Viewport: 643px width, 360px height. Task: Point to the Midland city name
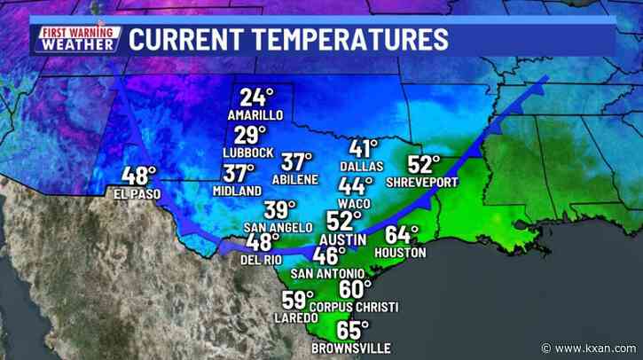[x=238, y=191]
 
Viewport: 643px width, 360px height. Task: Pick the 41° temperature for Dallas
[x=365, y=149]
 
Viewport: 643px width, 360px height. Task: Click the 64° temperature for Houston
[x=403, y=236]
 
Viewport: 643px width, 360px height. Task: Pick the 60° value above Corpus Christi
[x=357, y=290]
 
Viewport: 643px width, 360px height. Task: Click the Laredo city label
[x=295, y=317]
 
